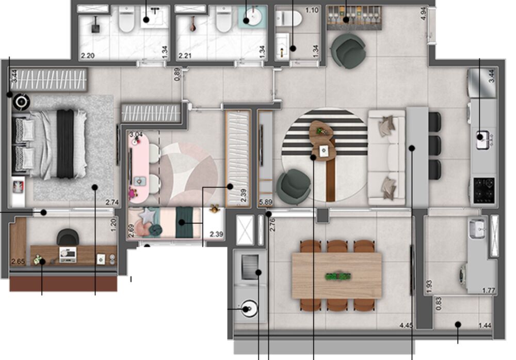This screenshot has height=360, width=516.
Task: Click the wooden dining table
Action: pyautogui.click(x=336, y=275)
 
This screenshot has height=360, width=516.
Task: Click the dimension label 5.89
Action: pyautogui.click(x=266, y=202)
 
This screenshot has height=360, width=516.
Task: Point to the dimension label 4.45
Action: pyautogui.click(x=407, y=325)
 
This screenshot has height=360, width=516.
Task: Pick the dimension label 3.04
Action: pyautogui.click(x=136, y=135)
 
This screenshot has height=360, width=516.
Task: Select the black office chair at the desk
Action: pyautogui.click(x=68, y=238)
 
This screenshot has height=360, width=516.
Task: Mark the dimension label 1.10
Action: pyautogui.click(x=312, y=10)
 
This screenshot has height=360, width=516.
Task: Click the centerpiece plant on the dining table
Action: pyautogui.click(x=336, y=276)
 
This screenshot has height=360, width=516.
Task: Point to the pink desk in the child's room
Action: pyautogui.click(x=139, y=165)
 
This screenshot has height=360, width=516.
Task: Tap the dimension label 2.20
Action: pyautogui.click(x=86, y=55)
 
